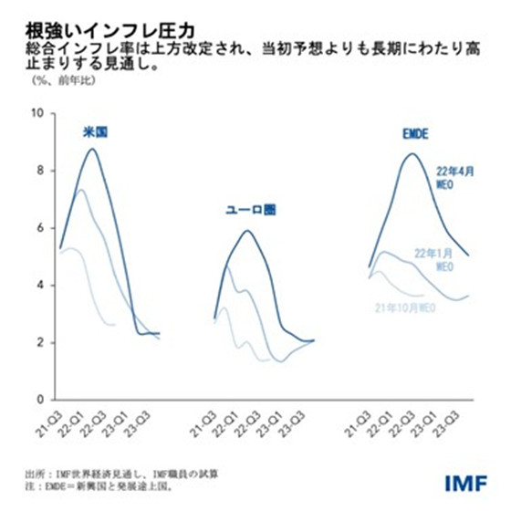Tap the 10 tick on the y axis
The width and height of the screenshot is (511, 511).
coord(36,113)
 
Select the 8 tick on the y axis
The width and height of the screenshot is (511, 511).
coord(39,171)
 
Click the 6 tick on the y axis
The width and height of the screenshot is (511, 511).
coord(39,228)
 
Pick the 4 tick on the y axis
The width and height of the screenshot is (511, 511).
coord(39,285)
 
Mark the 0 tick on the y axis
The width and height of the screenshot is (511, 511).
coord(39,400)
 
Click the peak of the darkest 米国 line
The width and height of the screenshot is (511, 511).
coord(92,149)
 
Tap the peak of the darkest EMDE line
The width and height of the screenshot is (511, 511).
coord(411,153)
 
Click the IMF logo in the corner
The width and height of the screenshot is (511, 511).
coord(467,480)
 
